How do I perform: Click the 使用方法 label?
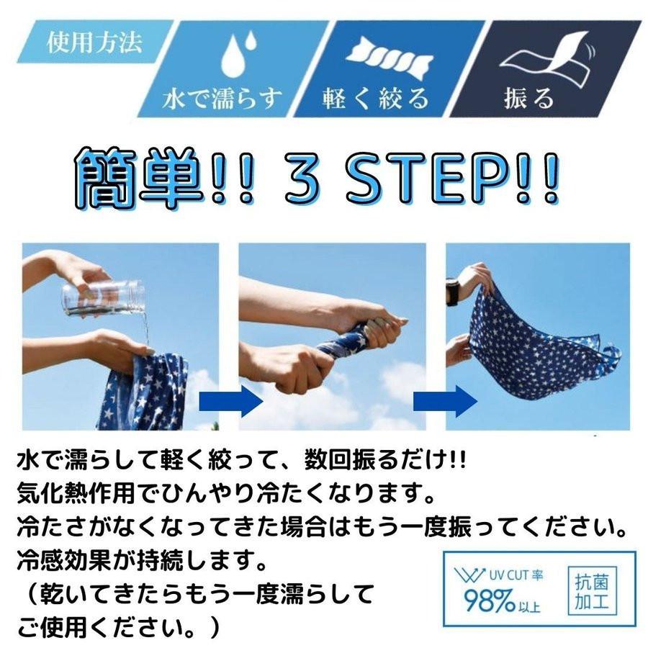(94, 43)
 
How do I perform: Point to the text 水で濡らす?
(223, 98)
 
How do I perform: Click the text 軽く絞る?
(375, 98)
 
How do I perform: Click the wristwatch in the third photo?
(452, 292)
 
